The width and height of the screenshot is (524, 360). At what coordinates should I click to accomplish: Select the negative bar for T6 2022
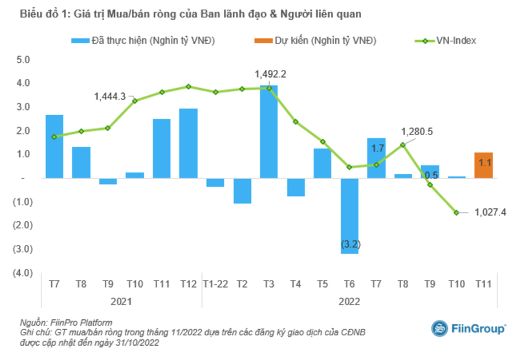[349, 215]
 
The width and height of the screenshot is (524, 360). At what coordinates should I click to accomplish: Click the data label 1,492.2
[270, 74]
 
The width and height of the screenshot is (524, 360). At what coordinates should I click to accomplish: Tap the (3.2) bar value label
[350, 245]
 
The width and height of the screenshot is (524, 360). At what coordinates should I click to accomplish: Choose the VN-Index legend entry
[446, 41]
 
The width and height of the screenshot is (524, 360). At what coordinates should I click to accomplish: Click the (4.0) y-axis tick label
[21, 273]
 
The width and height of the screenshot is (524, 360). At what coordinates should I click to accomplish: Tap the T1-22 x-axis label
[215, 285]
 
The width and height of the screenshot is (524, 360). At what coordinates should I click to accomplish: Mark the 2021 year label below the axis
[121, 301]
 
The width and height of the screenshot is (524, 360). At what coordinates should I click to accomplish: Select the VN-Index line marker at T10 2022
[456, 212]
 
